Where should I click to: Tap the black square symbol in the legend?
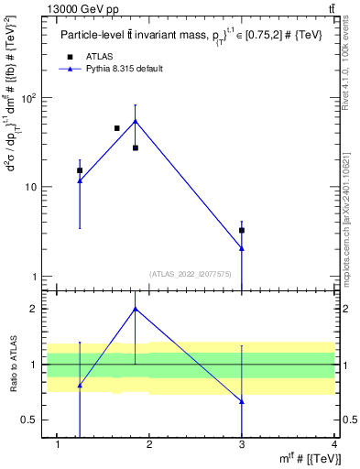pyautogui.click(x=70, y=57)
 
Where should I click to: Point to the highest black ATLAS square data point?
pyautogui.click(x=117, y=128)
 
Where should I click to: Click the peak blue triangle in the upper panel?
pyautogui.click(x=136, y=121)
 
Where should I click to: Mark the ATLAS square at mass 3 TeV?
pyautogui.click(x=242, y=230)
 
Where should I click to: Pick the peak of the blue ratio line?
pyautogui.click(x=136, y=309)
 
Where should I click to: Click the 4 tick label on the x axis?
pyautogui.click(x=334, y=444)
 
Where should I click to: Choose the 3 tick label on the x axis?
pyautogui.click(x=242, y=444)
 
